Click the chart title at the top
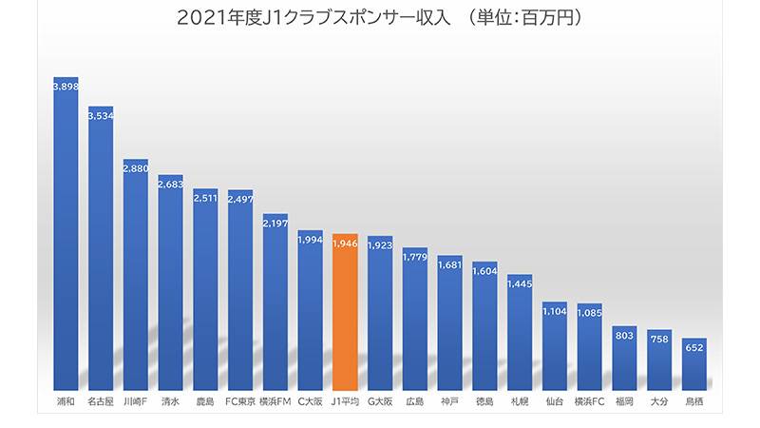(x=379, y=18)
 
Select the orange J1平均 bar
(x=345, y=314)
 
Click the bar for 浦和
(x=66, y=238)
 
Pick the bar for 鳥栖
(x=694, y=366)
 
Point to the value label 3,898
(x=66, y=86)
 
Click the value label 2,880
(x=136, y=167)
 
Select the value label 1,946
(x=345, y=243)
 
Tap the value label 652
(x=694, y=347)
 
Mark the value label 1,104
(x=555, y=310)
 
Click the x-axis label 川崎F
(x=136, y=402)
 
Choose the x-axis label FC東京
(x=240, y=402)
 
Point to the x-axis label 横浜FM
(x=275, y=402)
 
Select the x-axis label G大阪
(x=380, y=402)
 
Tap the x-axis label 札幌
(x=520, y=402)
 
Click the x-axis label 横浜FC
(x=589, y=402)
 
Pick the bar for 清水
(x=171, y=285)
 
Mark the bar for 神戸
(x=450, y=323)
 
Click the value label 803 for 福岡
(x=624, y=335)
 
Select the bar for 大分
(x=659, y=361)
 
